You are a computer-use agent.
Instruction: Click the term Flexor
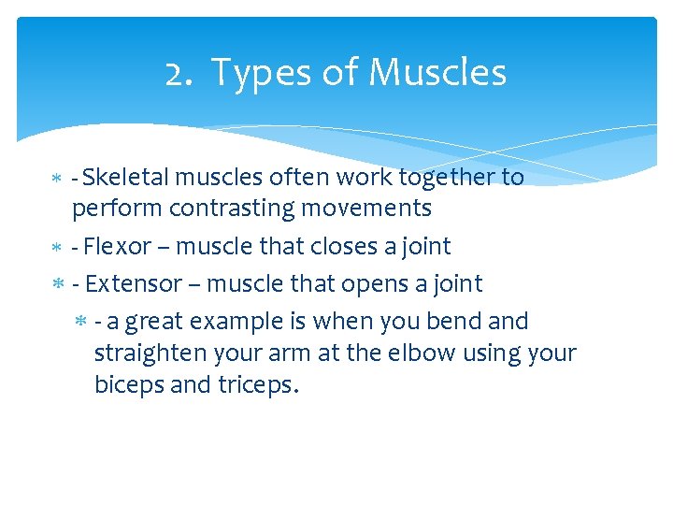(118, 246)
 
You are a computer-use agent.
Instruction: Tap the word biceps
(126, 384)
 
